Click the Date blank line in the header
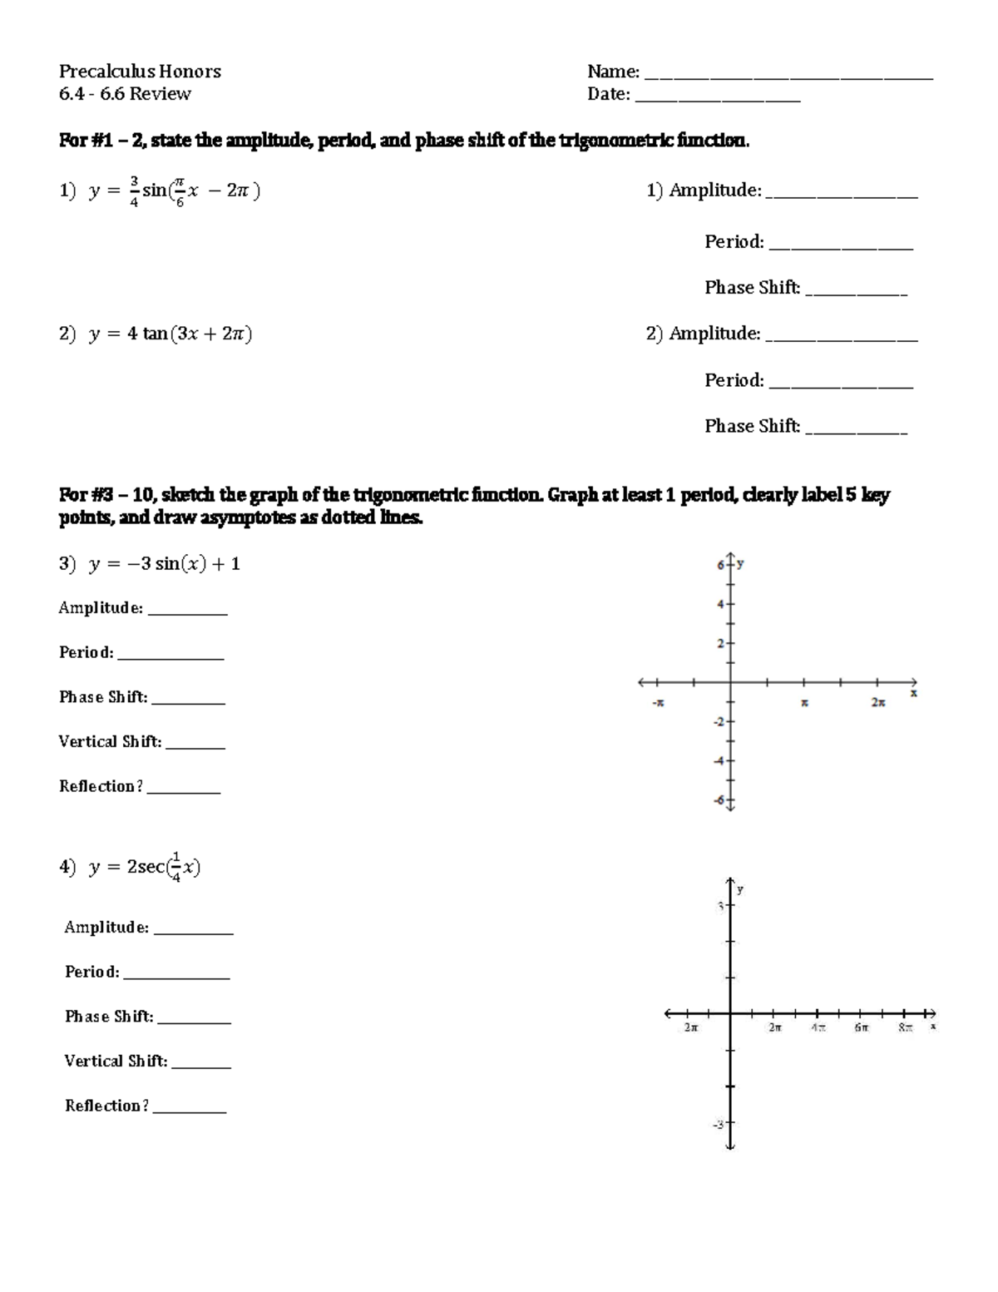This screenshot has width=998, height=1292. (717, 99)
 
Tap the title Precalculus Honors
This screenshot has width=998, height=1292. (140, 72)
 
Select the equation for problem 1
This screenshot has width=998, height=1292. (160, 191)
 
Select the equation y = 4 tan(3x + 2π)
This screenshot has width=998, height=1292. (156, 334)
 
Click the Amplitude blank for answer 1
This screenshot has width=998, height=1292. (841, 196)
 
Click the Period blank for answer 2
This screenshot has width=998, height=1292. (841, 385)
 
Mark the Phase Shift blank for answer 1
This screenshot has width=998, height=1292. (856, 293)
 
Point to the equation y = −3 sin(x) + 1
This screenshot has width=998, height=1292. (150, 564)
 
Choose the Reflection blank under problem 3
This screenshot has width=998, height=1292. (184, 791)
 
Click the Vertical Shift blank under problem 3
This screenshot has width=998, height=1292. (195, 746)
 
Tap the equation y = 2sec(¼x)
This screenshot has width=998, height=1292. (131, 867)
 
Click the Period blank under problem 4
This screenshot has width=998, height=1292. (176, 977)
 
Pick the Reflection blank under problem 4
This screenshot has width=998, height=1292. (190, 1111)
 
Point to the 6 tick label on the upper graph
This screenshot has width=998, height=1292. (720, 566)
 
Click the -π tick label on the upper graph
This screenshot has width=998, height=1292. (658, 703)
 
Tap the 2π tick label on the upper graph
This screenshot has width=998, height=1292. (878, 703)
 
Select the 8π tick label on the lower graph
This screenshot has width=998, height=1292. (905, 1028)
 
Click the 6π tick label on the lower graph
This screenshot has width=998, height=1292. (861, 1028)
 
